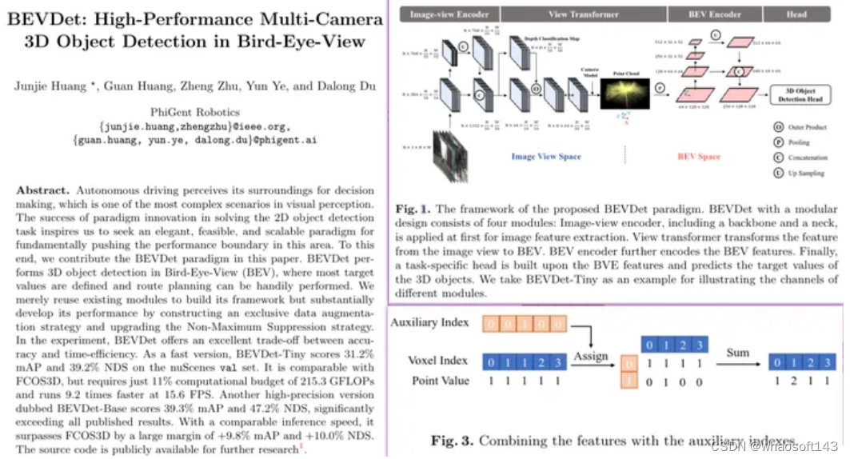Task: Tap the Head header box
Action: click(801, 14)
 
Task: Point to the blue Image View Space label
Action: click(546, 157)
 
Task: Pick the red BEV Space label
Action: click(699, 157)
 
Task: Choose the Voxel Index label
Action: click(438, 361)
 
